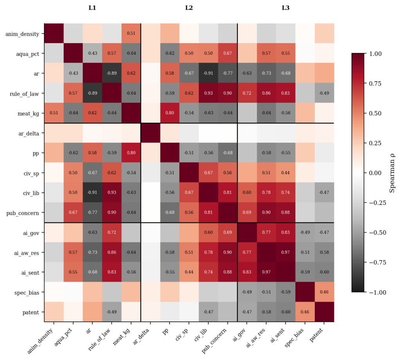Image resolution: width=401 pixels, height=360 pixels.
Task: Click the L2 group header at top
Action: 189,7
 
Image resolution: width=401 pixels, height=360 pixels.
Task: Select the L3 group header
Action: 285,7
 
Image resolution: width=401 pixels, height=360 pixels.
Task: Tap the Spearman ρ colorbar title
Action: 392,173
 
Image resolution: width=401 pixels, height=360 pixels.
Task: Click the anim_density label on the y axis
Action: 22,34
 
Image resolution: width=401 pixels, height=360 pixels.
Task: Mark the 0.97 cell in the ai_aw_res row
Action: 285,252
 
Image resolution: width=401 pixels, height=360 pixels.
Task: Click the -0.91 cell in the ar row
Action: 208,73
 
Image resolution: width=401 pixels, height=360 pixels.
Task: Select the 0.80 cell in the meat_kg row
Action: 170,113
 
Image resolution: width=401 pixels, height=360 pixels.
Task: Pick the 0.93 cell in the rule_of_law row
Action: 208,93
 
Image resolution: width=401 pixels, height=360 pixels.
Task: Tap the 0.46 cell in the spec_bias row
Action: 324,292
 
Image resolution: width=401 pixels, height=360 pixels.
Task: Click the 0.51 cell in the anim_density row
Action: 131,34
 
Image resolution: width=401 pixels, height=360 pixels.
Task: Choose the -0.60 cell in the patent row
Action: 285,312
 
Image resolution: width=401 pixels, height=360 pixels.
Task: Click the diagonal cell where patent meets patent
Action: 324,312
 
